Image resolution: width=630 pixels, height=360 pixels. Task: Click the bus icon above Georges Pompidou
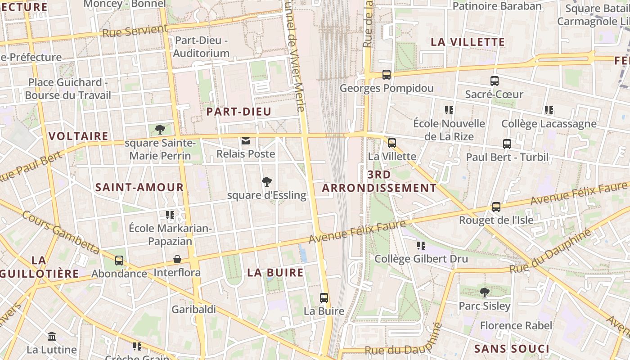(386, 75)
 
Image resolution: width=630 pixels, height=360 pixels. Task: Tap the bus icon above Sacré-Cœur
(494, 81)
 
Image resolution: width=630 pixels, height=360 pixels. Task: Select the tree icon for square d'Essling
(267, 182)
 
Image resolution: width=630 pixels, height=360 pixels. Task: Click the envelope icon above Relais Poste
(246, 141)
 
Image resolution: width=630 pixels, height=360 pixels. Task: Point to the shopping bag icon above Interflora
(177, 260)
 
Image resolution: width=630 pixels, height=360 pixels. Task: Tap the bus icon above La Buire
(324, 298)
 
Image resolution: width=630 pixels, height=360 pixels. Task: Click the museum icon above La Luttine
(52, 337)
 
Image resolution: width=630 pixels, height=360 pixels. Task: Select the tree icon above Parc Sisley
(484, 292)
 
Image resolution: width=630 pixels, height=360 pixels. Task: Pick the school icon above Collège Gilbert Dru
(421, 246)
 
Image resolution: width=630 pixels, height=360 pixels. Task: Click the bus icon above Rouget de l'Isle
(496, 207)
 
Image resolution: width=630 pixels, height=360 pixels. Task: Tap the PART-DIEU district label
(238, 112)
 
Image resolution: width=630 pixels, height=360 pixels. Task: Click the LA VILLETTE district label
(468, 42)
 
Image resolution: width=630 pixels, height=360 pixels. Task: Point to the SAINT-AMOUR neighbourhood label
(139, 187)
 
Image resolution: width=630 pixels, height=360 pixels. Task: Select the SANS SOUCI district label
(512, 349)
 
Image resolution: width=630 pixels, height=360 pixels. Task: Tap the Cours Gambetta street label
(61, 232)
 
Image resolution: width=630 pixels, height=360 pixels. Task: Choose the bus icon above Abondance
(119, 261)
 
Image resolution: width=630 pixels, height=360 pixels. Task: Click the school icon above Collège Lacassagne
(549, 110)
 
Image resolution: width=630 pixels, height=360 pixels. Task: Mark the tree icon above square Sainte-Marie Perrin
(160, 130)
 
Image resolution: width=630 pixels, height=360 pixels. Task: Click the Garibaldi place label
(193, 310)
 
